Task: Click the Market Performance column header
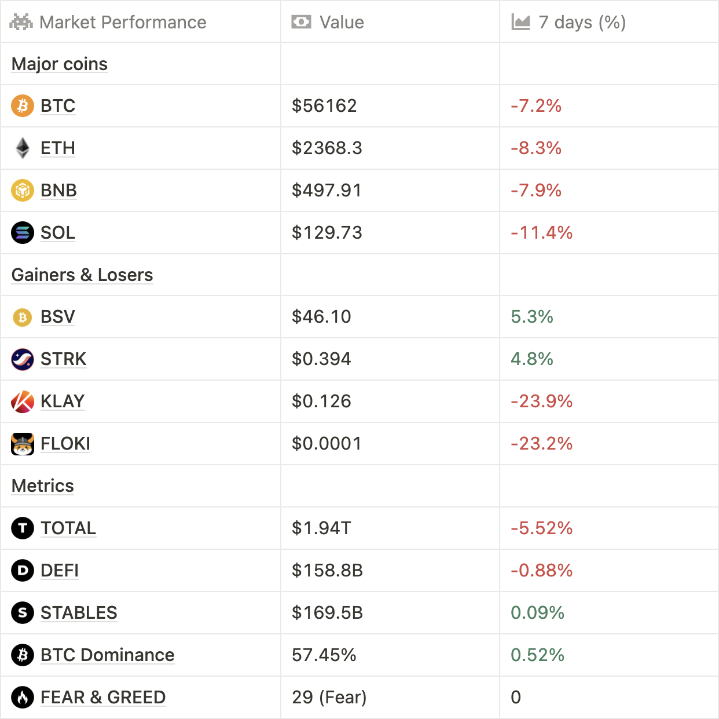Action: coord(122,22)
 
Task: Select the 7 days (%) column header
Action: coord(581,22)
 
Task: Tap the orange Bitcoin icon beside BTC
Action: coord(23,105)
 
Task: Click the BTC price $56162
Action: coord(324,105)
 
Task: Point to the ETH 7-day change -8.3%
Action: coord(536,148)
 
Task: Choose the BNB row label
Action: coord(58,190)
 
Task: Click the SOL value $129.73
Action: coord(327,232)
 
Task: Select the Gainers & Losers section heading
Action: coord(82,275)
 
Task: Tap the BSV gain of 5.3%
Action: coord(532,316)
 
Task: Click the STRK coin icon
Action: coord(23,359)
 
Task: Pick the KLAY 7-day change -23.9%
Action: coord(541,401)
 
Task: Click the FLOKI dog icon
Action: coord(23,444)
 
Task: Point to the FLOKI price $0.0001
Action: coord(327,443)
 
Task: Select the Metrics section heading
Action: coord(43,486)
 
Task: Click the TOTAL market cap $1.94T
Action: coord(321,528)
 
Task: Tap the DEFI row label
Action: coord(60,570)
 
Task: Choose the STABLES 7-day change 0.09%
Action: coord(537,612)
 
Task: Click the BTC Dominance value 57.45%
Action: coord(324,655)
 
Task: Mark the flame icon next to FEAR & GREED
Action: coord(23,697)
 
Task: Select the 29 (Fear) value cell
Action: coord(329,697)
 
